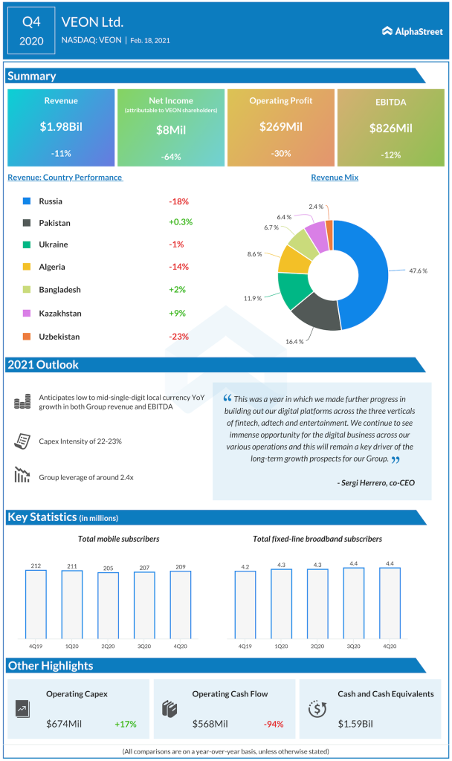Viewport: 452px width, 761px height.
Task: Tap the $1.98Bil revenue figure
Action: click(61, 126)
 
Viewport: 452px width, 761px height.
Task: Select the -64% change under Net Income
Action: click(170, 157)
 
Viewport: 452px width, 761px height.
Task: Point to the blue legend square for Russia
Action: click(26, 201)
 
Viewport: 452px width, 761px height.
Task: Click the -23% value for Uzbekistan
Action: click(178, 337)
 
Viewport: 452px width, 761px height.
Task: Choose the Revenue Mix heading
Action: click(335, 178)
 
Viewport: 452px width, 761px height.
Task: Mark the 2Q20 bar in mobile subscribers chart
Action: click(108, 605)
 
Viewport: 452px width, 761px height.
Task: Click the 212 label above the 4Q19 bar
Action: click(36, 566)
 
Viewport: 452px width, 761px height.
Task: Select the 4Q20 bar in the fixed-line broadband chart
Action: click(390, 603)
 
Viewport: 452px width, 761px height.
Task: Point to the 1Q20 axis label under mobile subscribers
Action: click(71, 647)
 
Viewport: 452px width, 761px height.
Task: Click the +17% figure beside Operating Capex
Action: click(126, 723)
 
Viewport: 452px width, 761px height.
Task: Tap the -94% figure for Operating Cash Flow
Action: click(274, 723)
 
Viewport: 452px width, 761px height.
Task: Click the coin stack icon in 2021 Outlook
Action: click(22, 403)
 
